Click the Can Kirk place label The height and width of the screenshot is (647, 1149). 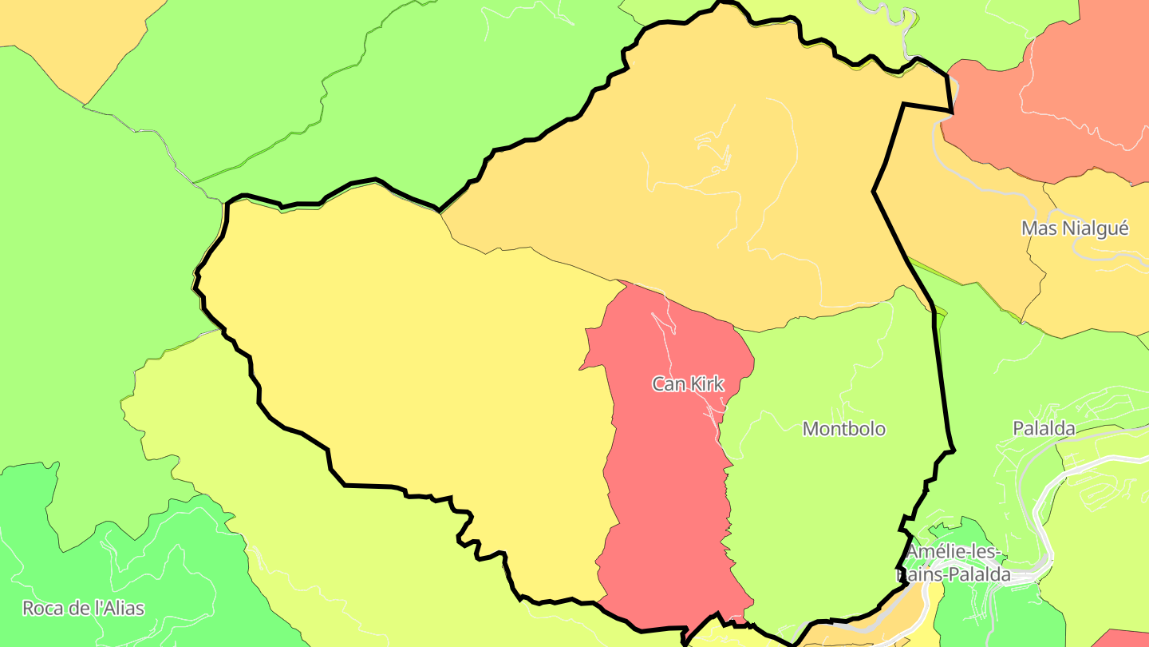pyautogui.click(x=688, y=384)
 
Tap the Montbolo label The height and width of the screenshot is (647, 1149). pyautogui.click(x=843, y=429)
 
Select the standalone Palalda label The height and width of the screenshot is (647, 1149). pyautogui.click(x=1044, y=428)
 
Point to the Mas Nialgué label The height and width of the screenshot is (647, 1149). pyautogui.click(x=1075, y=228)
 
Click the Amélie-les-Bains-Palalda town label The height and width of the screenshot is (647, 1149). pyautogui.click(x=954, y=563)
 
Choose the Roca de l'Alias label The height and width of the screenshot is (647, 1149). pyautogui.click(x=83, y=608)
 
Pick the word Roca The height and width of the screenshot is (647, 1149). pyautogui.click(x=41, y=608)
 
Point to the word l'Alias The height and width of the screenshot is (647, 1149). pyautogui.click(x=119, y=608)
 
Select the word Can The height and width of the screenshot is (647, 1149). pyautogui.click(x=669, y=384)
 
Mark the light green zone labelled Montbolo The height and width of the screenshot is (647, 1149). pyautogui.click(x=830, y=511)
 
